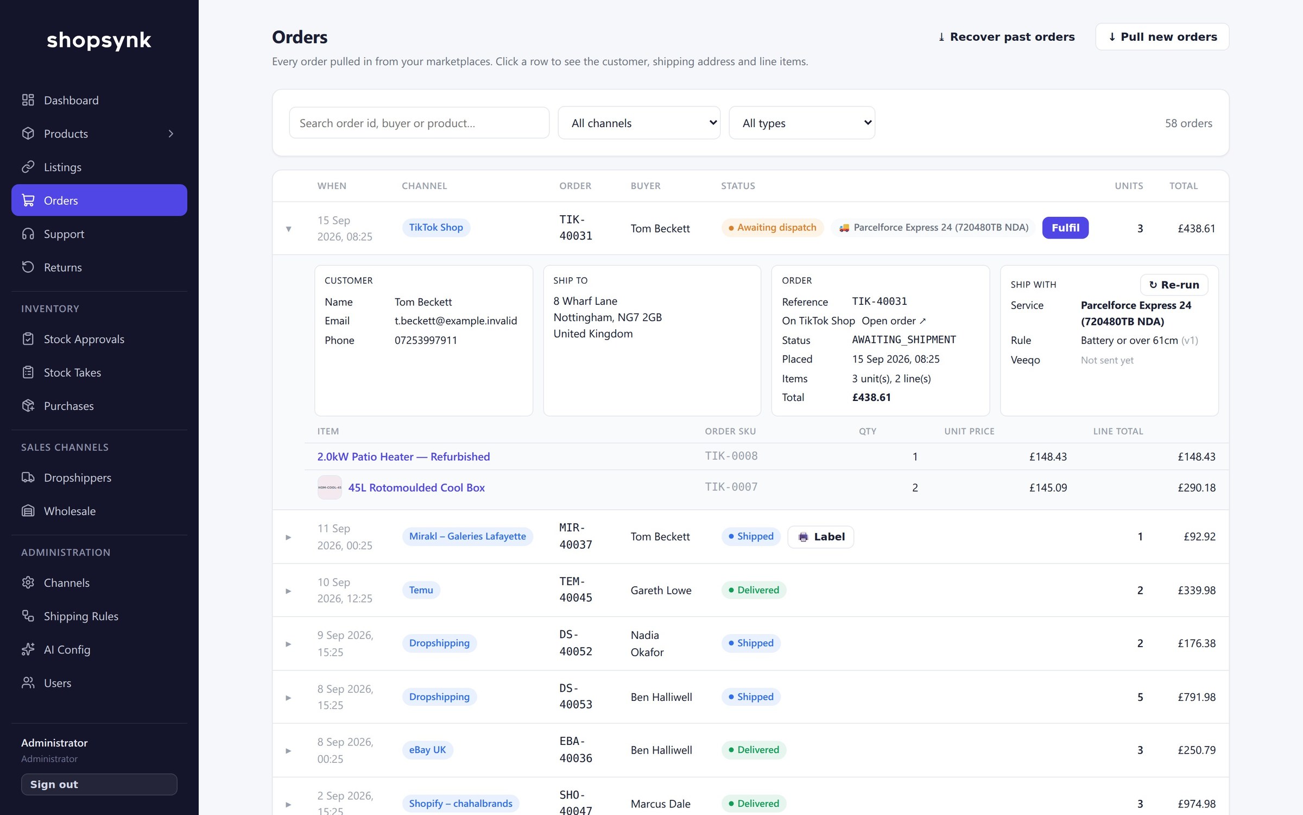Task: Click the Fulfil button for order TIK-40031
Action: (1065, 228)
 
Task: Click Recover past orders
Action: (1006, 37)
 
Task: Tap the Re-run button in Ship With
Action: (1174, 285)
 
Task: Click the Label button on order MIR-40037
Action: (820, 537)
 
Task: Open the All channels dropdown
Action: (639, 123)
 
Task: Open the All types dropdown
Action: (802, 123)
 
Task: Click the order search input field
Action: (419, 123)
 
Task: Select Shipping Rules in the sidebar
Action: (81, 616)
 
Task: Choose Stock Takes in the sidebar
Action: (72, 372)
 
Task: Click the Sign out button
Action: (99, 785)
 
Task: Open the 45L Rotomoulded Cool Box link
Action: (416, 487)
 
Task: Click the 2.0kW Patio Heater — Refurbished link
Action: (403, 456)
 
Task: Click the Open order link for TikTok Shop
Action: (894, 321)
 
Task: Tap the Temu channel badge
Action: (421, 590)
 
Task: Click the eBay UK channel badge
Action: (427, 750)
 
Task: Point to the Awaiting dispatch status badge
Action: (772, 228)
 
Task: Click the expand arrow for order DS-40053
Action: (288, 698)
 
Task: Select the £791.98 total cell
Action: (1196, 697)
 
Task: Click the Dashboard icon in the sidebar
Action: (28, 100)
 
